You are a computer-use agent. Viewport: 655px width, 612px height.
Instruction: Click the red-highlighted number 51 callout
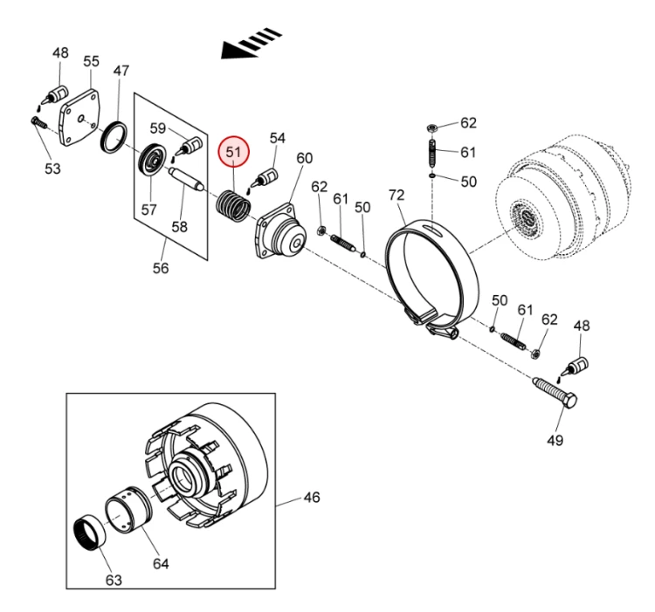(x=233, y=151)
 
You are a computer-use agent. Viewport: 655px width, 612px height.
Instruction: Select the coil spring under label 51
(x=234, y=206)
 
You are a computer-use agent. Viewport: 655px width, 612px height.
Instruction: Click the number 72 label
(x=396, y=195)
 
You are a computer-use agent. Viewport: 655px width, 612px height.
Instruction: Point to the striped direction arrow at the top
(x=252, y=44)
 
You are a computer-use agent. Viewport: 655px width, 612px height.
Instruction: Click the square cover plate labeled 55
(x=82, y=117)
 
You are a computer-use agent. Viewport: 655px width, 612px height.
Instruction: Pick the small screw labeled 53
(x=39, y=123)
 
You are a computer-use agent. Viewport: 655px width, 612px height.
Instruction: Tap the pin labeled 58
(x=186, y=180)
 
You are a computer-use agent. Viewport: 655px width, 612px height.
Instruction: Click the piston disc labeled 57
(x=152, y=160)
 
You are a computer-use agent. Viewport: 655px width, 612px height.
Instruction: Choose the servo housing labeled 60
(x=281, y=231)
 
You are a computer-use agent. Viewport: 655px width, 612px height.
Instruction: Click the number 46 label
(x=312, y=498)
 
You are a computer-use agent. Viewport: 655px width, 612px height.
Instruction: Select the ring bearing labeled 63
(x=90, y=536)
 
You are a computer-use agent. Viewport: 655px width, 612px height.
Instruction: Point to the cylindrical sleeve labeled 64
(x=128, y=510)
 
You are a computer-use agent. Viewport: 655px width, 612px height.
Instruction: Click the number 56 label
(x=161, y=268)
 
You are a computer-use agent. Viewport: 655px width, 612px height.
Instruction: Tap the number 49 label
(x=555, y=440)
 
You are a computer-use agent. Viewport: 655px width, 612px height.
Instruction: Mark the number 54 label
(x=278, y=138)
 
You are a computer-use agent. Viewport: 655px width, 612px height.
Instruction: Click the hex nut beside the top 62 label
(x=432, y=127)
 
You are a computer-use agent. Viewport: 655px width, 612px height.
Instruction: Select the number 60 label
(x=305, y=158)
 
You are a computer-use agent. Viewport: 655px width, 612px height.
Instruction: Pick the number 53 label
(x=52, y=168)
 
